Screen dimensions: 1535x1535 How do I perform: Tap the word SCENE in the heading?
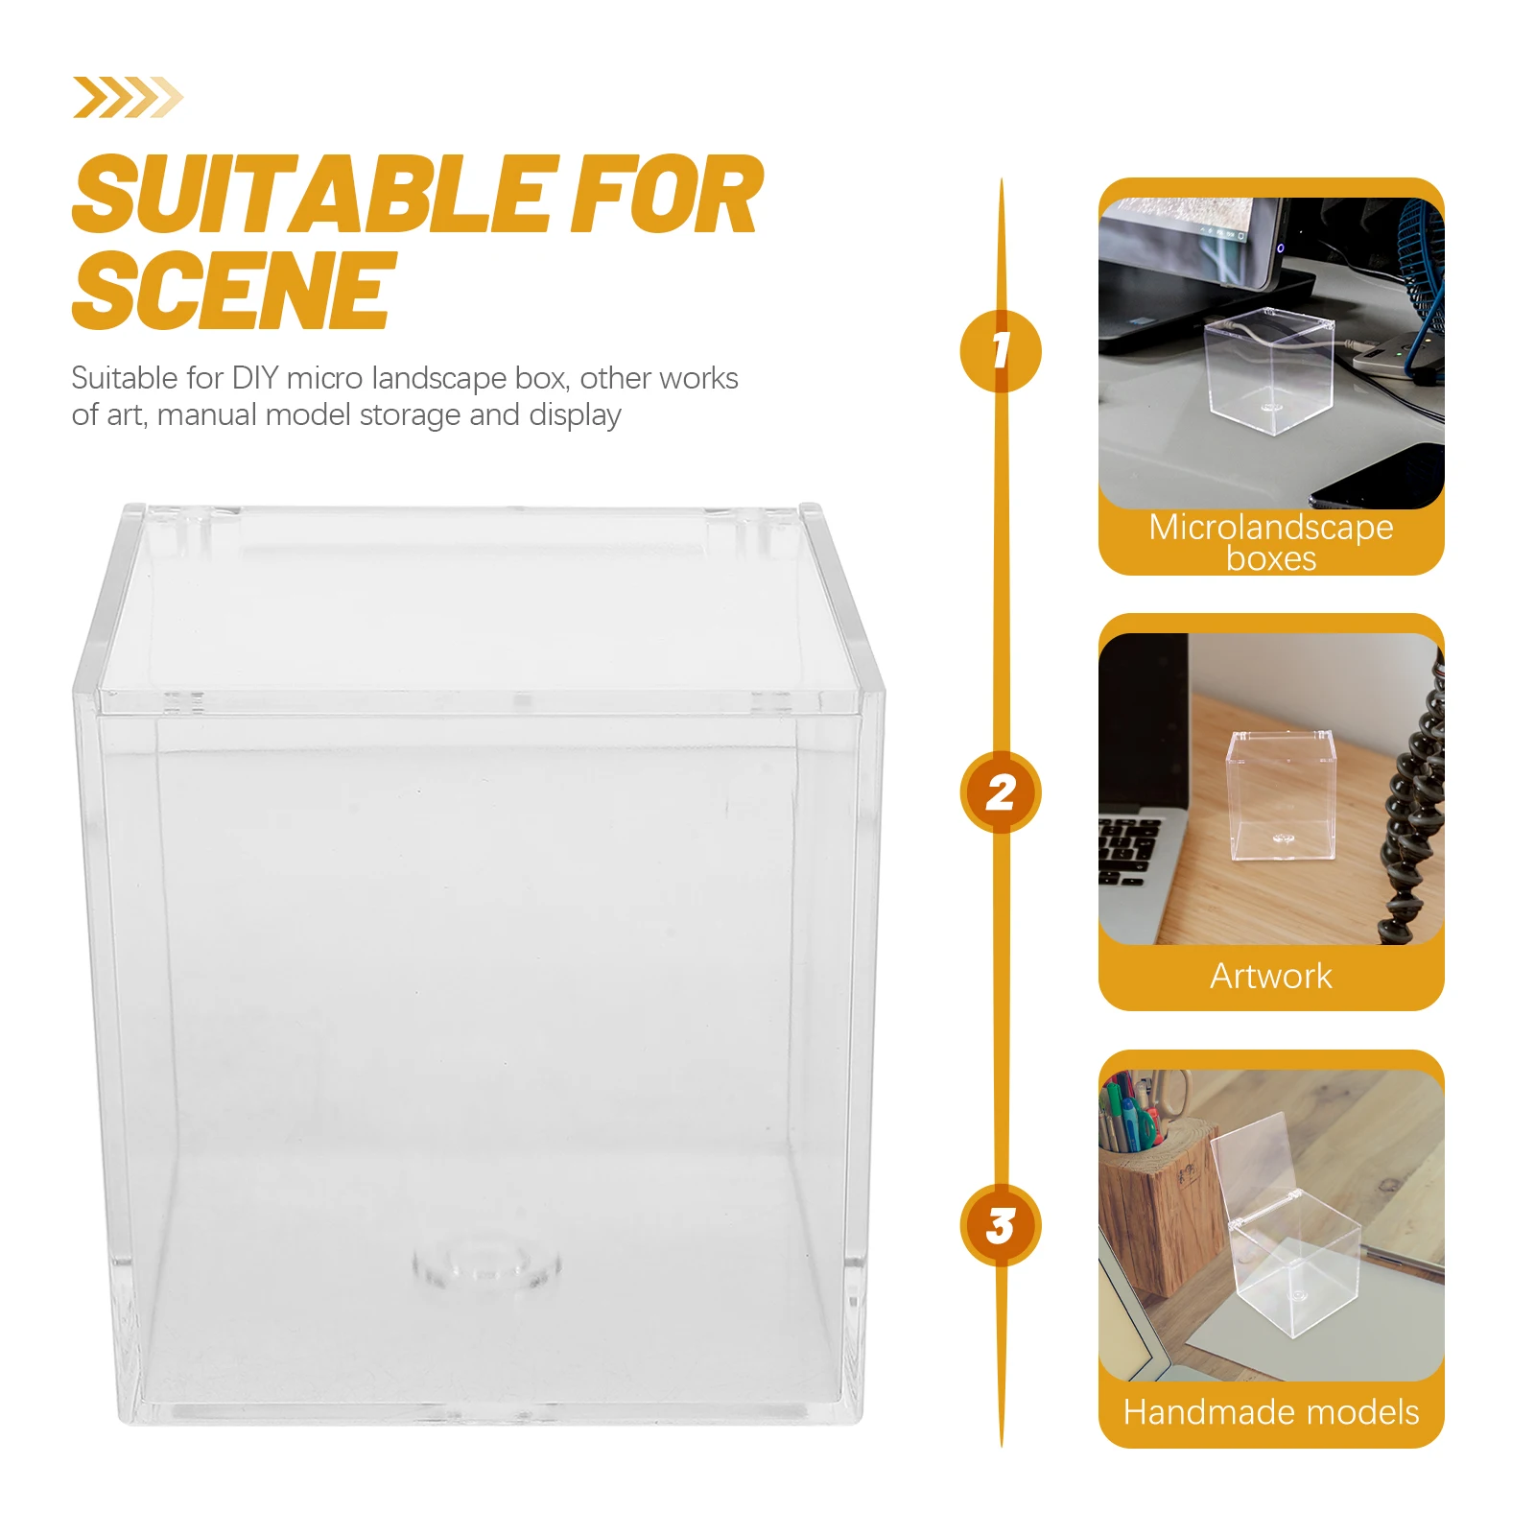pos(233,290)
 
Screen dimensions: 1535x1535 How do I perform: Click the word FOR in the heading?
pos(666,196)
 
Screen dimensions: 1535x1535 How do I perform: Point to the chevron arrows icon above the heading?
pos(128,97)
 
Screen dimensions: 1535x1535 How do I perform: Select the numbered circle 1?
pos(1000,350)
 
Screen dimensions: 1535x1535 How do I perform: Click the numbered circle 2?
pos(1000,792)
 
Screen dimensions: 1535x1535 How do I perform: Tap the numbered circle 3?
pos(1000,1225)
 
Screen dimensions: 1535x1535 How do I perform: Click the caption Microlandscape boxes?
pos(1270,542)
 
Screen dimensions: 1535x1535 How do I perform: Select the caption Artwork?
pos(1270,976)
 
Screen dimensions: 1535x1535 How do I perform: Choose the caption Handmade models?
pos(1270,1411)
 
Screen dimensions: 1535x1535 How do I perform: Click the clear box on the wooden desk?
pos(1282,796)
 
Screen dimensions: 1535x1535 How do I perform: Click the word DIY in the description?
pos(255,378)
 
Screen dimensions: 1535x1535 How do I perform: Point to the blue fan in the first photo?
pos(1420,259)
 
